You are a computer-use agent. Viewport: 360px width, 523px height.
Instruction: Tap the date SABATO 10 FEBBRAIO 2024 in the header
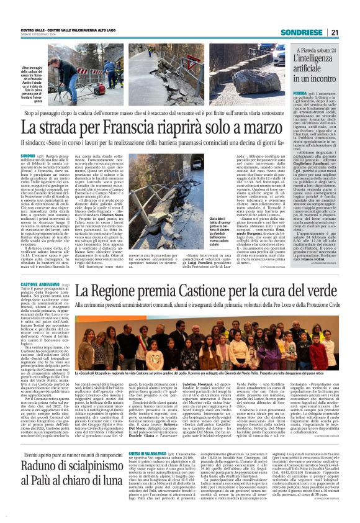(36, 35)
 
